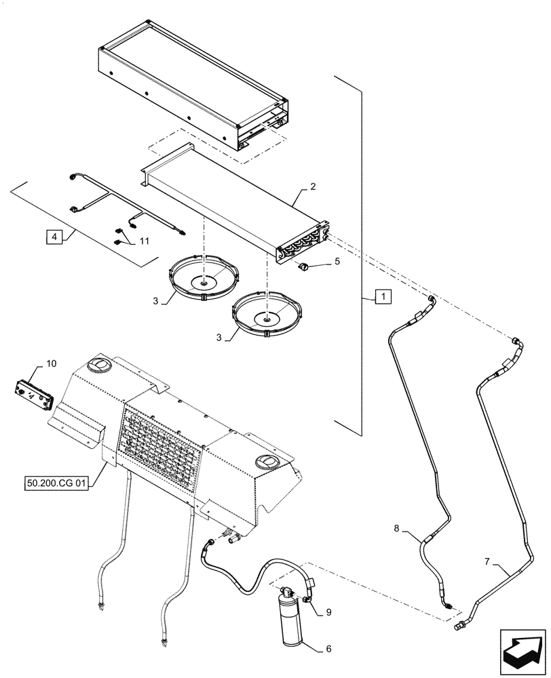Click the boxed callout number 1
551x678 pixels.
pyautogui.click(x=383, y=296)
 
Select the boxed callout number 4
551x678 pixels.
pyautogui.click(x=54, y=237)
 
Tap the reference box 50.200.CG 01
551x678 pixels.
pyautogui.click(x=56, y=484)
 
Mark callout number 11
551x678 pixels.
pyautogui.click(x=143, y=241)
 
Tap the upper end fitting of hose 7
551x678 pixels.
pyautogui.click(x=517, y=342)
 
